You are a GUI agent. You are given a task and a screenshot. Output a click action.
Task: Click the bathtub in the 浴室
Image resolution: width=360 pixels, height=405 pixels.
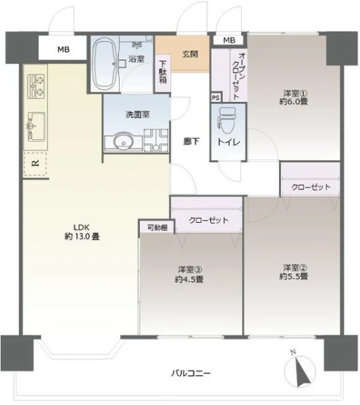105,63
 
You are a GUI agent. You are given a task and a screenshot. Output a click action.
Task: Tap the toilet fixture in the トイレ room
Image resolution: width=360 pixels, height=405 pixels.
227,121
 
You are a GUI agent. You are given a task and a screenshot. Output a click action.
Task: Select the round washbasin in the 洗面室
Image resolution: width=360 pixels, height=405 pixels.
124,141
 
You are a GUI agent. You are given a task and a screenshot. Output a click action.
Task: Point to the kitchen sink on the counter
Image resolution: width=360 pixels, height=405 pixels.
36,127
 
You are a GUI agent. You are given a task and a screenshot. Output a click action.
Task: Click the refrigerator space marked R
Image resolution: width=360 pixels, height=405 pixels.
35,164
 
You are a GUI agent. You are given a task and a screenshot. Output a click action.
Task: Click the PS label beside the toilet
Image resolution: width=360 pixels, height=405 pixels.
215,98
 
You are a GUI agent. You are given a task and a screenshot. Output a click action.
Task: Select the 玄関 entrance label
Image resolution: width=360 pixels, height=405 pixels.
190,54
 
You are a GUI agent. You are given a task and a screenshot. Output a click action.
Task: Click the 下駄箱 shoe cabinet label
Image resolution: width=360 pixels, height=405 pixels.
163,72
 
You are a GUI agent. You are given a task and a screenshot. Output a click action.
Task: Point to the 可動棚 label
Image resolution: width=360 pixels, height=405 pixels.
157,227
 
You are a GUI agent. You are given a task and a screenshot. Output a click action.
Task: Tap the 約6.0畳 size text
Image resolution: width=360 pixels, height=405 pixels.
294,101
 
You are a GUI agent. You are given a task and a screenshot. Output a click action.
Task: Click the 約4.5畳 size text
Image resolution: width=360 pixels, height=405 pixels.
189,279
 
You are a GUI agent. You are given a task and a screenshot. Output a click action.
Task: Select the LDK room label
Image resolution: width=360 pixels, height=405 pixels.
82,227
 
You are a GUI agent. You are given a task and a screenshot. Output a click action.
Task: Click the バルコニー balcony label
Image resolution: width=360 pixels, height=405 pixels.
190,373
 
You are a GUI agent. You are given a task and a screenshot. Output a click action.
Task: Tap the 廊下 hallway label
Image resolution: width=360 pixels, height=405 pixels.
191,141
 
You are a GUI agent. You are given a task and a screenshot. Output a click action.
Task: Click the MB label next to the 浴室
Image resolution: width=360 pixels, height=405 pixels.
63,49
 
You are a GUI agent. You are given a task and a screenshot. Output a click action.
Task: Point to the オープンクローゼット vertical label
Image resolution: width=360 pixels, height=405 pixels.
239,76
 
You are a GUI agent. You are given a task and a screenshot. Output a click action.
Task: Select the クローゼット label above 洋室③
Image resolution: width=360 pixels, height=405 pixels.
209,220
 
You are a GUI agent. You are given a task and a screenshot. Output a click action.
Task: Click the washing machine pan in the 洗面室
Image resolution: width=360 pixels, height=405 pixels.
156,140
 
